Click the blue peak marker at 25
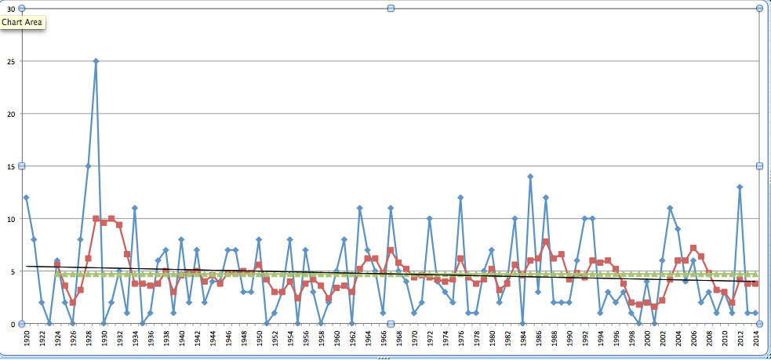click(x=96, y=61)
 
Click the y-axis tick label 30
click(x=11, y=9)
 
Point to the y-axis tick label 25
click(x=11, y=61)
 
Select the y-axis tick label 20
click(x=11, y=114)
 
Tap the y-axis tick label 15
click(x=11, y=166)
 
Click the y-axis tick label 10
click(x=11, y=219)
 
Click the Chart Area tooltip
click(x=23, y=22)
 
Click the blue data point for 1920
click(x=26, y=198)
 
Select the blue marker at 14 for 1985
click(x=530, y=176)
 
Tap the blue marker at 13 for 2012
click(x=740, y=187)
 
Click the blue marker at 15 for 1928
click(x=88, y=166)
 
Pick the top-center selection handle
click(x=391, y=8)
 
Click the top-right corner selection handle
click(x=759, y=8)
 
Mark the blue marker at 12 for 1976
click(x=460, y=198)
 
